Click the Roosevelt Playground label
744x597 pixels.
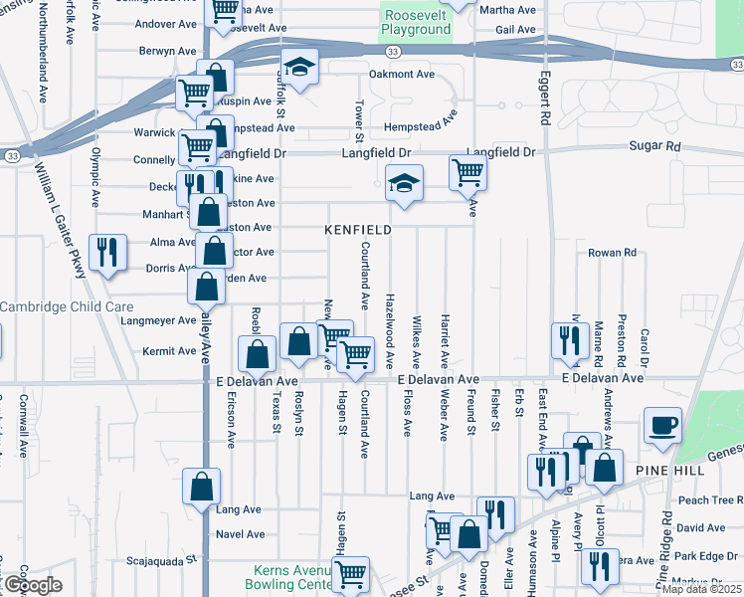pyautogui.click(x=416, y=23)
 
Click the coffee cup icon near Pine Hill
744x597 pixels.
pyautogui.click(x=662, y=427)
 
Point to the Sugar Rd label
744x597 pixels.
pyautogui.click(x=653, y=146)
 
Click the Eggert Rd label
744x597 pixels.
pyautogui.click(x=546, y=97)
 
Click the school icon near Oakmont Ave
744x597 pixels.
pyautogui.click(x=298, y=68)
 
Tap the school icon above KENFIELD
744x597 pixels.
pyautogui.click(x=404, y=184)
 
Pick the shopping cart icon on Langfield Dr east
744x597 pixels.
pyautogui.click(x=466, y=173)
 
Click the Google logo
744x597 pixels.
pyautogui.click(x=32, y=585)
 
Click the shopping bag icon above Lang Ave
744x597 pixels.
pyautogui.click(x=201, y=488)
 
